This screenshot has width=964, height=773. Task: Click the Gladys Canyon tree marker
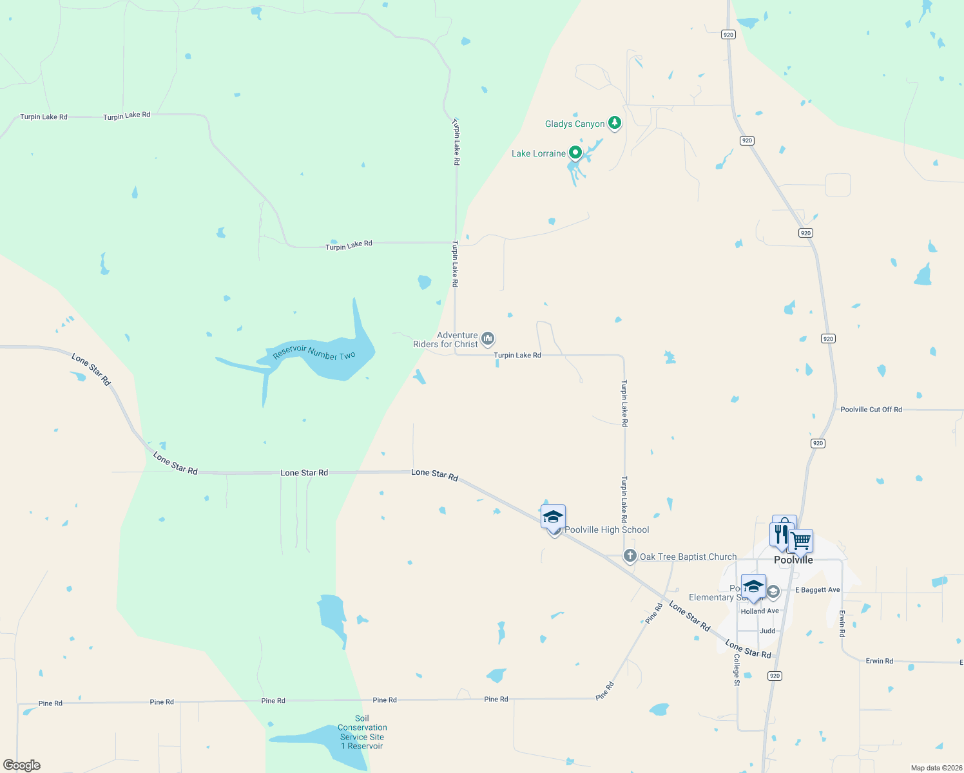click(x=615, y=122)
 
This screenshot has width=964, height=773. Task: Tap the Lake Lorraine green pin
click(x=575, y=153)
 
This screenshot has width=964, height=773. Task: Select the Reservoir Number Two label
click(x=314, y=352)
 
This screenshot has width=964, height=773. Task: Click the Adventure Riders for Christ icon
click(x=488, y=338)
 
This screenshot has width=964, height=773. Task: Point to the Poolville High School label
click(x=606, y=530)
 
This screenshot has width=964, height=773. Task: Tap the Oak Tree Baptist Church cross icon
click(x=630, y=556)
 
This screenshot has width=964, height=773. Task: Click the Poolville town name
click(x=793, y=560)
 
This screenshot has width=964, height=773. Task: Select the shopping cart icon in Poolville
click(x=801, y=540)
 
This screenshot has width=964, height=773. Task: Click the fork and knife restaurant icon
click(x=781, y=534)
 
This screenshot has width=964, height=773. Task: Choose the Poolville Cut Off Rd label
click(x=871, y=409)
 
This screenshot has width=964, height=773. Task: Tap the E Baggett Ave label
click(x=817, y=589)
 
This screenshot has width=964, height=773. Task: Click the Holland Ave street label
click(x=760, y=611)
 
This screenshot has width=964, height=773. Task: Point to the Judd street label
click(x=767, y=631)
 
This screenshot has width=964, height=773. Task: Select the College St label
click(x=737, y=670)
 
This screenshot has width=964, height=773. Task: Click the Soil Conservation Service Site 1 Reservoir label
click(x=362, y=732)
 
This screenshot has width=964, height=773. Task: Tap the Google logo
click(x=22, y=765)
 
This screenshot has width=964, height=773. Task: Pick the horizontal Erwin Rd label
click(x=879, y=661)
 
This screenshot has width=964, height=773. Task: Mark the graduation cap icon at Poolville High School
click(x=553, y=516)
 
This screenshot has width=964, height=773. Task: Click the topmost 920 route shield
click(x=728, y=34)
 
